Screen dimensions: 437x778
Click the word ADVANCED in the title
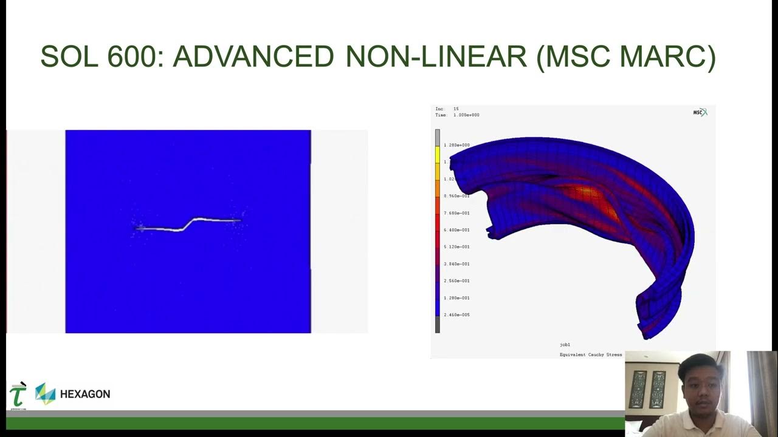(253, 57)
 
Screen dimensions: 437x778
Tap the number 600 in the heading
(136, 57)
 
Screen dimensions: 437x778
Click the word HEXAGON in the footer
(85, 394)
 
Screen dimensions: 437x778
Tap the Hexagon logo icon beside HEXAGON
(45, 394)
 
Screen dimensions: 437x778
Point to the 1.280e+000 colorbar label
(456, 145)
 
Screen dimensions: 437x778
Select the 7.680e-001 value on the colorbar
(456, 213)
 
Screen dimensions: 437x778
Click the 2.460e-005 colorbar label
(456, 315)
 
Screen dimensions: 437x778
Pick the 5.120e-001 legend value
(456, 247)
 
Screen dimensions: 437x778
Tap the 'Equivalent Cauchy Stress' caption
(590, 354)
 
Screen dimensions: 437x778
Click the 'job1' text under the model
(565, 345)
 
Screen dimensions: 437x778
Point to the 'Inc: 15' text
(447, 109)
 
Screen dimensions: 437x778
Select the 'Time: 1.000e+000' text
(457, 115)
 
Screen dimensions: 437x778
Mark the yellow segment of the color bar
(437, 155)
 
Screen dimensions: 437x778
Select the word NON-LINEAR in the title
(436, 57)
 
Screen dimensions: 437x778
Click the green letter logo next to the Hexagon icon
(18, 395)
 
